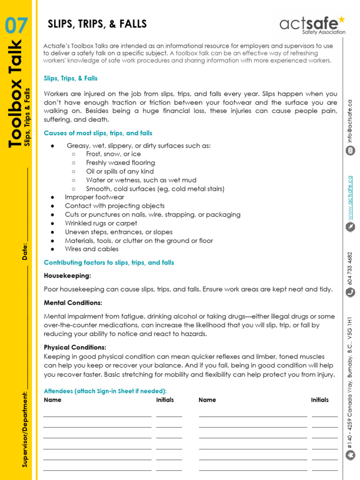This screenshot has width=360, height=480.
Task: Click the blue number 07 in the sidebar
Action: (x=17, y=25)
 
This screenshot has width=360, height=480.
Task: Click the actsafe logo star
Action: (x=341, y=19)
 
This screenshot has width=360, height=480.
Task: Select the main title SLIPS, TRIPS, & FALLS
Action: (x=97, y=24)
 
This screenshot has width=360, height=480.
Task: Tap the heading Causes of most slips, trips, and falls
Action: (x=98, y=134)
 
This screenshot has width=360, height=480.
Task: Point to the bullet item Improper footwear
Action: (x=95, y=197)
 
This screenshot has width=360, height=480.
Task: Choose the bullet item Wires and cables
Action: (x=92, y=249)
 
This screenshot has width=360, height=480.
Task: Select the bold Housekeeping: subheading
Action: (x=67, y=276)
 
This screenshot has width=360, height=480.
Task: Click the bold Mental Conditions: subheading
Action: (x=73, y=303)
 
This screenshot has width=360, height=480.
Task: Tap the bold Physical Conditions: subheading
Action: (x=75, y=347)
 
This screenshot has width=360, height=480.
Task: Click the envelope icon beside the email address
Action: (x=350, y=150)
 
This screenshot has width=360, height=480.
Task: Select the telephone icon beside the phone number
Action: (x=350, y=292)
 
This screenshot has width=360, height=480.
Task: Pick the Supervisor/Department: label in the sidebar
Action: (x=25, y=428)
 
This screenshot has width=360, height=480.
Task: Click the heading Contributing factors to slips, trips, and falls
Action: (x=109, y=263)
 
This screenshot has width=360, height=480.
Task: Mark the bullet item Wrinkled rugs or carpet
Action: (x=101, y=224)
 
